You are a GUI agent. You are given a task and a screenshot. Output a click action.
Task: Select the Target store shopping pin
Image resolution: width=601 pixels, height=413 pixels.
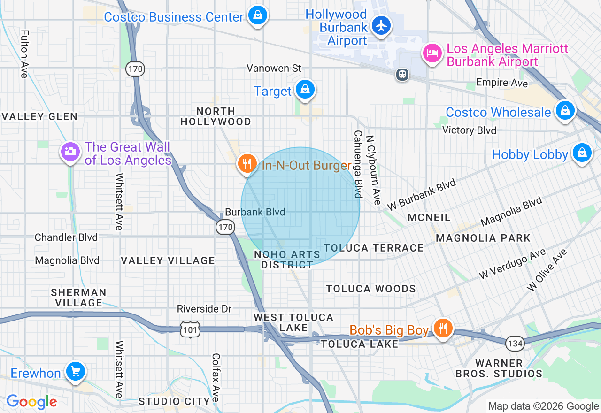click(x=305, y=89)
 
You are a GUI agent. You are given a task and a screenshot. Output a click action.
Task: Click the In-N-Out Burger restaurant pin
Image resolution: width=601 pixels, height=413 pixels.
click(x=247, y=163)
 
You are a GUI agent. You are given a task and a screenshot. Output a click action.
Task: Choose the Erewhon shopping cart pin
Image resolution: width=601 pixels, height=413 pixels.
click(x=75, y=371)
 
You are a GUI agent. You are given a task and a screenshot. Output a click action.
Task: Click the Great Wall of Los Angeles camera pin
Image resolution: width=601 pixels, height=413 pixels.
click(x=70, y=151)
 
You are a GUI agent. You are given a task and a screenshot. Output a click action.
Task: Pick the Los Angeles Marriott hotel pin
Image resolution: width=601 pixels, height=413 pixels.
click(x=431, y=53)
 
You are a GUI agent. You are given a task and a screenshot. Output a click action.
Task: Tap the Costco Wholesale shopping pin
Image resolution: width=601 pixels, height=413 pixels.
click(x=565, y=110)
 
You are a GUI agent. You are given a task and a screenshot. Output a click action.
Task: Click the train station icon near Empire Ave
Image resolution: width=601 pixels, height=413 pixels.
click(x=402, y=74)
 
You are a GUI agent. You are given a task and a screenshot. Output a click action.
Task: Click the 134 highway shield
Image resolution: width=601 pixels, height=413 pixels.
click(x=515, y=344)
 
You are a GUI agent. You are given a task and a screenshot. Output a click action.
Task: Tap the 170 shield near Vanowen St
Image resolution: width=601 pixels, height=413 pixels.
click(x=135, y=69)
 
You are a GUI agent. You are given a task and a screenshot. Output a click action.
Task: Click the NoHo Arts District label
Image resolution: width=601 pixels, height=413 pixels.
click(x=287, y=260)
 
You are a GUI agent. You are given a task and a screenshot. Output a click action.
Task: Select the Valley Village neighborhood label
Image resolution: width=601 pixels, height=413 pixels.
click(x=168, y=260)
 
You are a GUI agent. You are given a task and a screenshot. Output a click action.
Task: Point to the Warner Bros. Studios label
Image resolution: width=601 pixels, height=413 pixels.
click(x=499, y=368)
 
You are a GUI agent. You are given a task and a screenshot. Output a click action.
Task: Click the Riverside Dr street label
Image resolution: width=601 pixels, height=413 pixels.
click(x=204, y=309)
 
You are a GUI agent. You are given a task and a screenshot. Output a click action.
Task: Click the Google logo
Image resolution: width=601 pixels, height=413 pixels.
click(x=31, y=402)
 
